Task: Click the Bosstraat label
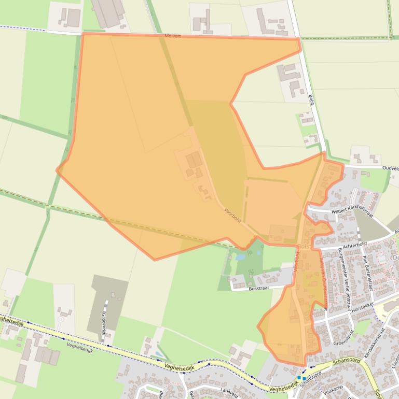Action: tap(259, 289)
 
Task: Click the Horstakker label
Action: tap(363, 308)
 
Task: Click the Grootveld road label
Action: tap(104, 322)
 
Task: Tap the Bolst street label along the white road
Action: tap(311, 99)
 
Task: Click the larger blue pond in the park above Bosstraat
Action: tap(240, 256)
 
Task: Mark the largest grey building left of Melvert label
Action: tap(108, 12)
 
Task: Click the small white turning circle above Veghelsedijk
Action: tap(60, 319)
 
